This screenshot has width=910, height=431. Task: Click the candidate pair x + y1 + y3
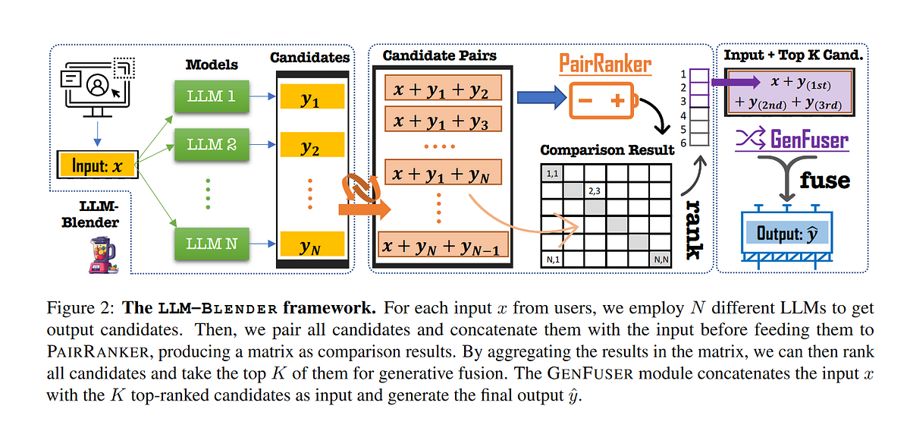pos(442,120)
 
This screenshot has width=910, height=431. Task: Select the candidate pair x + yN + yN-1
pos(441,247)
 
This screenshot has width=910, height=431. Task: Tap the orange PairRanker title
pos(604,64)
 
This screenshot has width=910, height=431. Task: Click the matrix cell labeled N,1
pos(553,260)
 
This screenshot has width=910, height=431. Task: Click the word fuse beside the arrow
pos(824,181)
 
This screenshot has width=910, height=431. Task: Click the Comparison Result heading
pos(607,149)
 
